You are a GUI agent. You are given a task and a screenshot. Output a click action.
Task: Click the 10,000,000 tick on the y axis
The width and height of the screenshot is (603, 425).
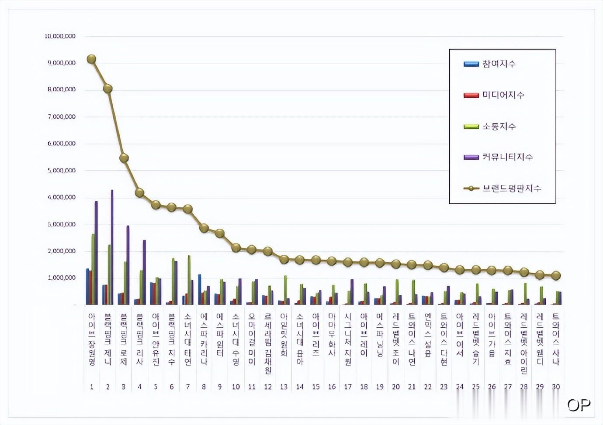(60, 36)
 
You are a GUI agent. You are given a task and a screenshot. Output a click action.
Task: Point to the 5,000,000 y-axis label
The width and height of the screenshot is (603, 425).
(62, 171)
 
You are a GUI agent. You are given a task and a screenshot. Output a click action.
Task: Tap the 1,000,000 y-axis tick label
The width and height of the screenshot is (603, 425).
(62, 278)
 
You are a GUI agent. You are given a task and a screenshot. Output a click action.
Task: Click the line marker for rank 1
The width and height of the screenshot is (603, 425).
(91, 59)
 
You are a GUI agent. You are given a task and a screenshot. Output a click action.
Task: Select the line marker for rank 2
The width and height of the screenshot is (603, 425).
(107, 89)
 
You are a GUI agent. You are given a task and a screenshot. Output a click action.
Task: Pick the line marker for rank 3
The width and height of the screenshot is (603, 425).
(124, 158)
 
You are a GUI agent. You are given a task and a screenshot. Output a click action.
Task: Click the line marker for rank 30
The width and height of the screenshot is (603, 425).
(556, 275)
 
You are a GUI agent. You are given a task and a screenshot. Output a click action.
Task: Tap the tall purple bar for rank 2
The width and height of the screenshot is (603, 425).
(112, 247)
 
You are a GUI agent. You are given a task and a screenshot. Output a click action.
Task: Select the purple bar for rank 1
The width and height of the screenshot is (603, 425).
(96, 253)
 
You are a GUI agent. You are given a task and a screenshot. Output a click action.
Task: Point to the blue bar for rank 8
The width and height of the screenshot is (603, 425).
(200, 289)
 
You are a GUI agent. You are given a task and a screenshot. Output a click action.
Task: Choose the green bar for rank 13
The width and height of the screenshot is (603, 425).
(285, 290)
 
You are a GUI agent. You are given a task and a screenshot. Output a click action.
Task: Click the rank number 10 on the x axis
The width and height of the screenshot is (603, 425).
(236, 387)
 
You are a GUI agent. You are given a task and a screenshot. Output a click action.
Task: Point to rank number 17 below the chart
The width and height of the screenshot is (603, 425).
(348, 387)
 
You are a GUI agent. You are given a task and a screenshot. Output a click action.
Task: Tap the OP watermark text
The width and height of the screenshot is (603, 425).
(579, 405)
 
